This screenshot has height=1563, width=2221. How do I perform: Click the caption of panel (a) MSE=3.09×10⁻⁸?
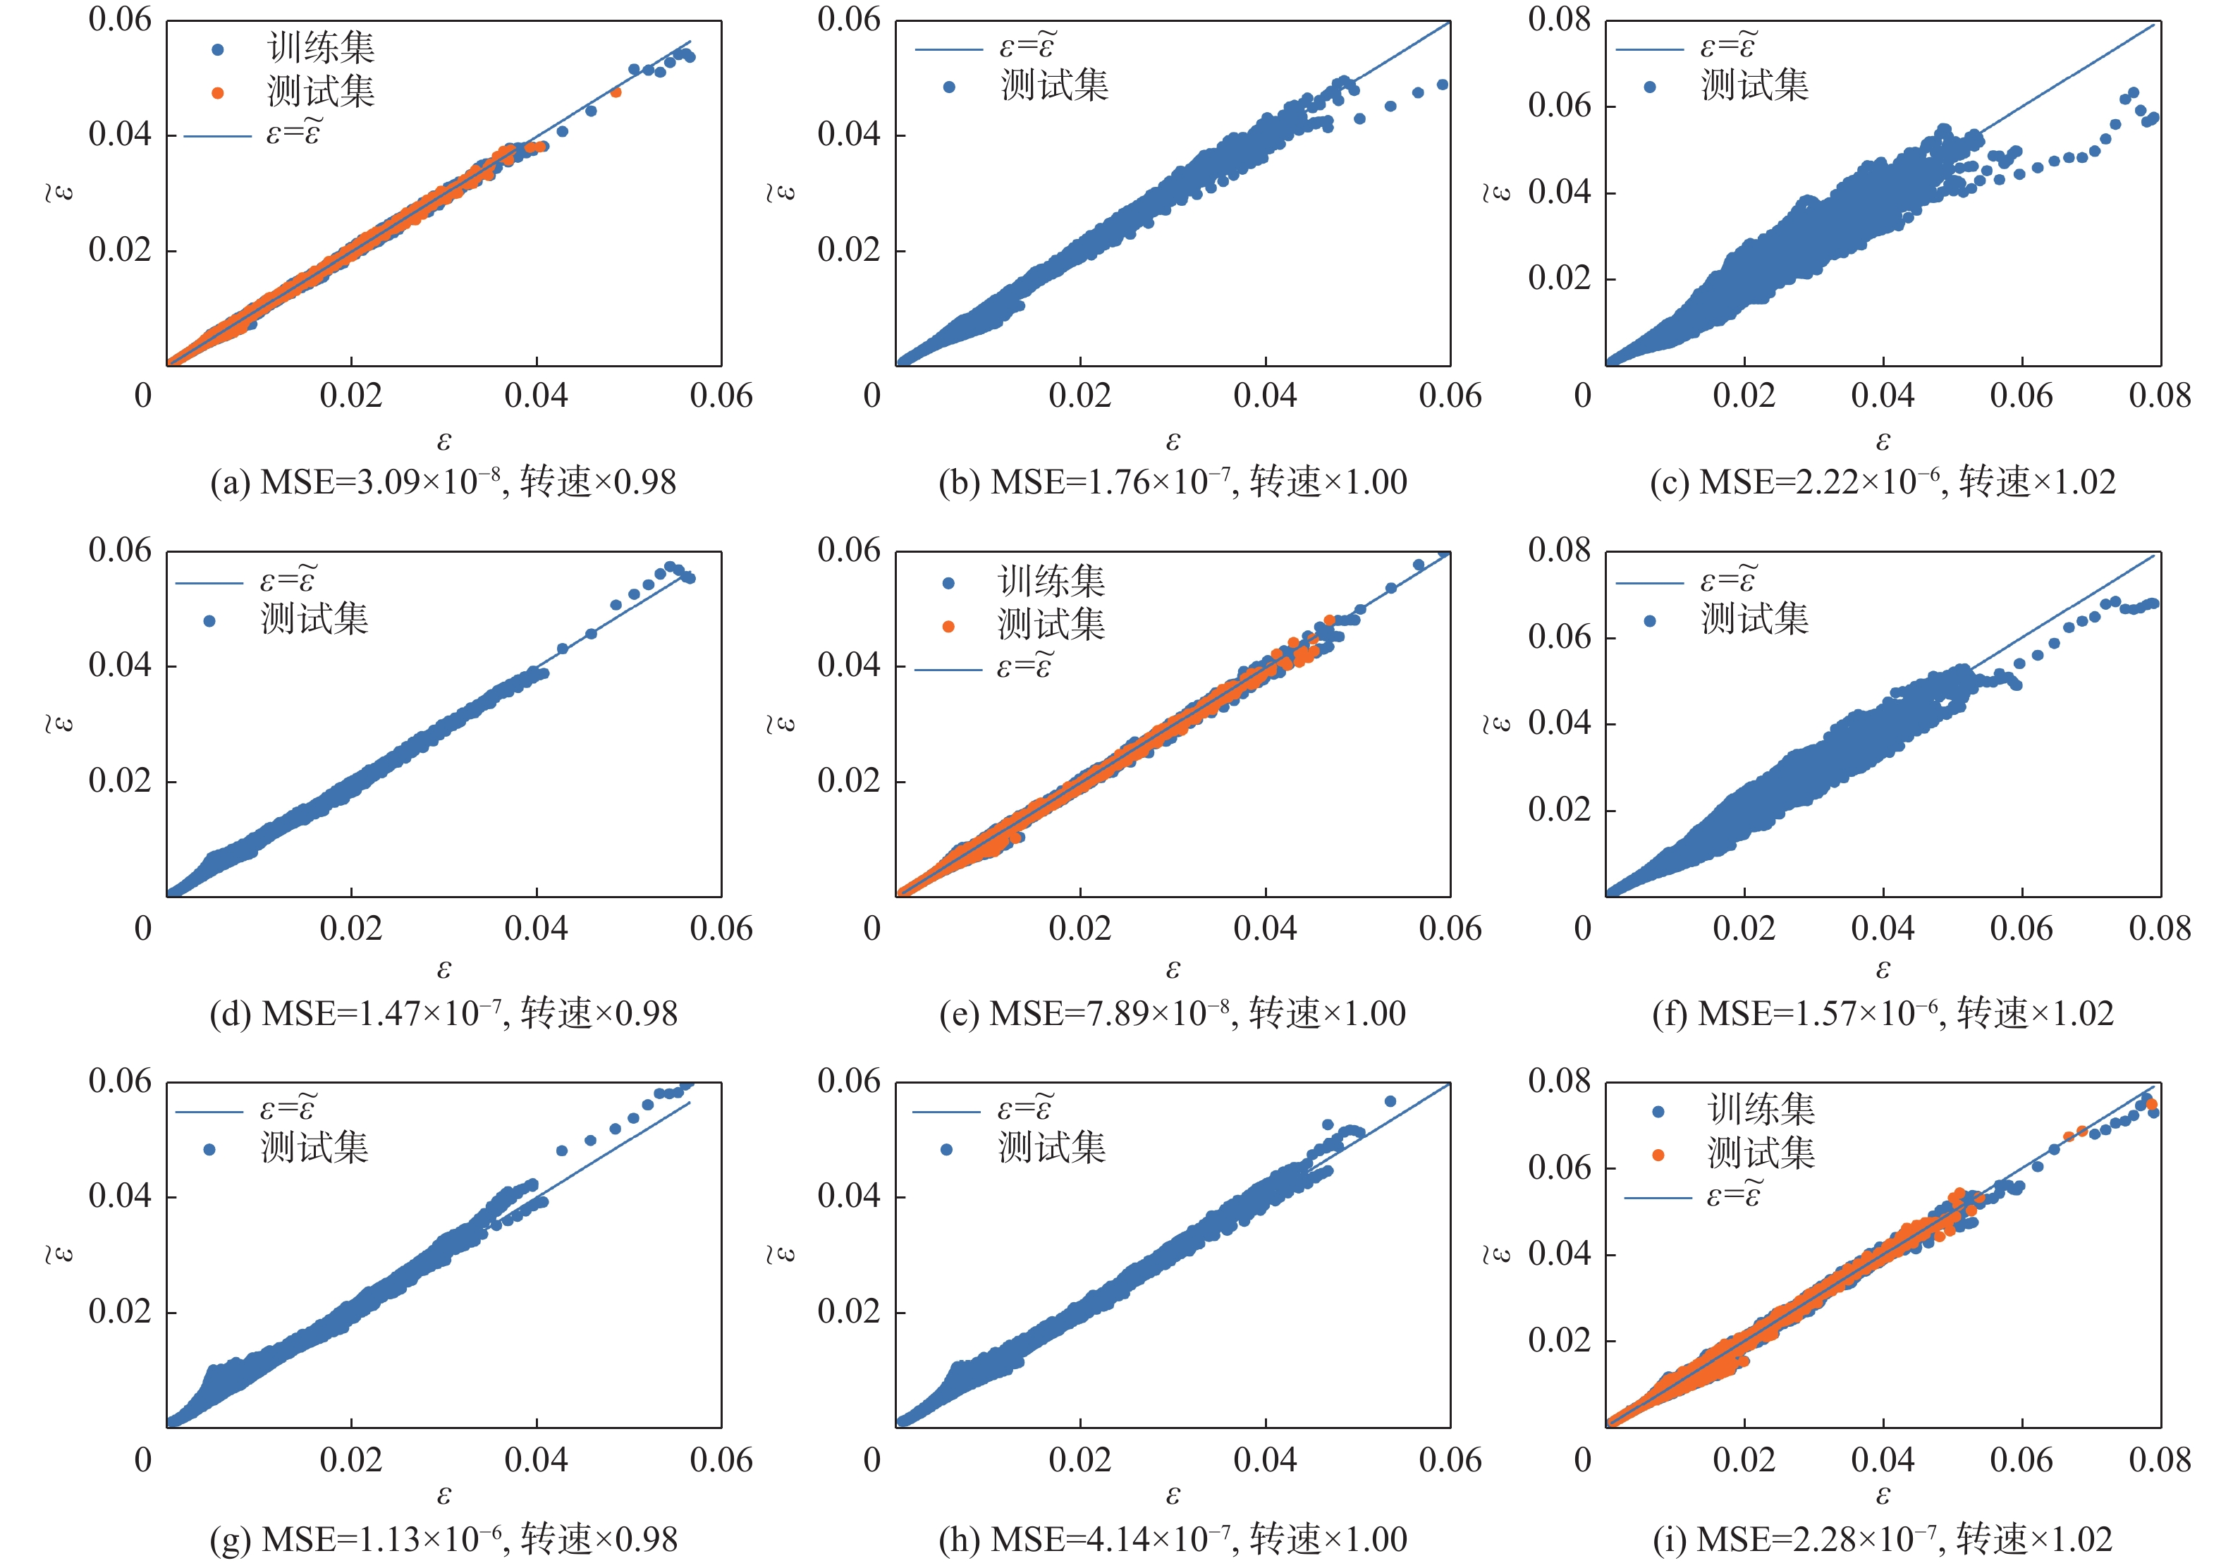[443, 482]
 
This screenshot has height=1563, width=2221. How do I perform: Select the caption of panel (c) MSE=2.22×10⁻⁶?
[1883, 482]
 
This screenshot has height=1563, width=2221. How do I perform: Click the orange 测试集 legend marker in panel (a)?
[218, 93]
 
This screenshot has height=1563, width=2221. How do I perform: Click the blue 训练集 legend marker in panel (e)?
[948, 582]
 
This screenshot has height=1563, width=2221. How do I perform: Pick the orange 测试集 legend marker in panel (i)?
[1658, 1154]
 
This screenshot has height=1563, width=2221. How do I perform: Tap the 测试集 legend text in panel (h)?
[1051, 1148]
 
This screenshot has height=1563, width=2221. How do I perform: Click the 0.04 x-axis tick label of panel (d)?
[536, 928]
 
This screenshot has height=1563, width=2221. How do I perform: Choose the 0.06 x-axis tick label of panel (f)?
[2021, 928]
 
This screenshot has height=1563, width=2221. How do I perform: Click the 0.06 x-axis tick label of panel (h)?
[1449, 1459]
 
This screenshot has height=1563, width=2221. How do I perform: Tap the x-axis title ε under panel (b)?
[1173, 442]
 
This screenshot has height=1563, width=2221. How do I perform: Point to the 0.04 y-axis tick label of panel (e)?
[848, 666]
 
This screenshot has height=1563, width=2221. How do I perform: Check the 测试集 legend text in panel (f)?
[1755, 619]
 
